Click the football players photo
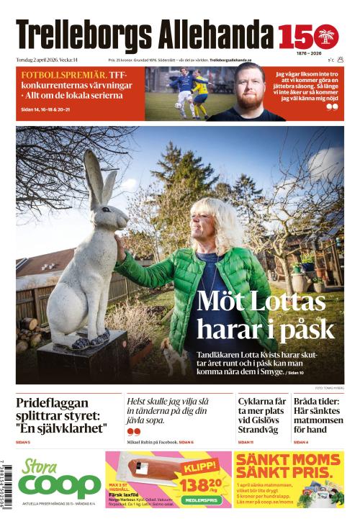tap(180, 94)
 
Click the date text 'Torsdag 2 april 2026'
tap(44, 60)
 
